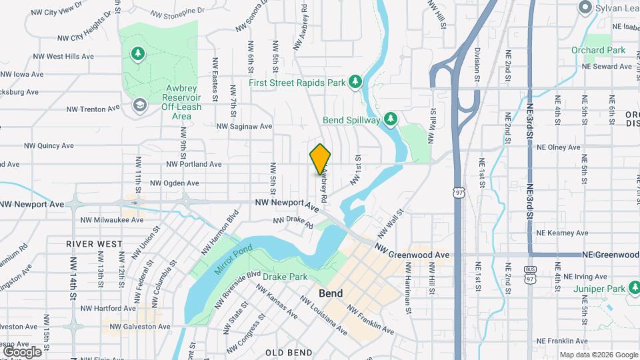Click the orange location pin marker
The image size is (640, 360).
click(x=321, y=159)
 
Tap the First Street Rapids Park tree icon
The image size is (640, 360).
click(x=355, y=81)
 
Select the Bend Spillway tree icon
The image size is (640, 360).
click(x=390, y=119)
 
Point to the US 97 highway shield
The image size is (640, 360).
click(x=458, y=192)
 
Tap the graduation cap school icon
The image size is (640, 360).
click(x=139, y=105)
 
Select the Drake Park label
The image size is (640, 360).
click(x=285, y=277)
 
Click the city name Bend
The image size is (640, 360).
click(x=331, y=293)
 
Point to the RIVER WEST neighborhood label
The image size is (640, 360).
click(x=95, y=244)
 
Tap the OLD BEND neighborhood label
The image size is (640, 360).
click(x=289, y=352)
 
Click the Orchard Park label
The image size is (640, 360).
click(x=598, y=50)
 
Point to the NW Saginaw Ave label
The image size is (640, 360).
click(x=245, y=126)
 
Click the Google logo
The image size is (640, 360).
click(x=21, y=351)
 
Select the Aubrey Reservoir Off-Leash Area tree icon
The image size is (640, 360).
click(x=138, y=53)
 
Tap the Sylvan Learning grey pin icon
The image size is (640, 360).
click(x=585, y=8)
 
